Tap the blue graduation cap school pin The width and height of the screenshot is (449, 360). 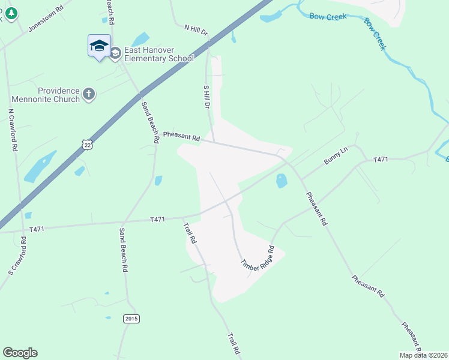pos(99,46)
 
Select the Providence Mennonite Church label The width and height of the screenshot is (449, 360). pos(58,95)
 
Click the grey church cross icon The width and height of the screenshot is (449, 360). pos(89,94)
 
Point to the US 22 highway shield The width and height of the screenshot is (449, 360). pos(88,145)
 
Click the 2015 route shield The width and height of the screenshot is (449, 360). pos(131,319)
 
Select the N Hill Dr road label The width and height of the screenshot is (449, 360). pos(195,29)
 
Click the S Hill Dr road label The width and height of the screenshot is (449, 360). pos(206,96)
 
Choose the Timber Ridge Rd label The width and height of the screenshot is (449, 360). pos(258,258)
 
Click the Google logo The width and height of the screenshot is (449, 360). pos(20,353)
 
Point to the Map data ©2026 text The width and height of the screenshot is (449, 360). pos(423,355)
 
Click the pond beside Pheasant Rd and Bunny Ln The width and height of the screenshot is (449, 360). pos(281,181)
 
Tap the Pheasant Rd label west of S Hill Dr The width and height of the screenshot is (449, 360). pos(181,137)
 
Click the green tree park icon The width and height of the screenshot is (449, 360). pos(10,14)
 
